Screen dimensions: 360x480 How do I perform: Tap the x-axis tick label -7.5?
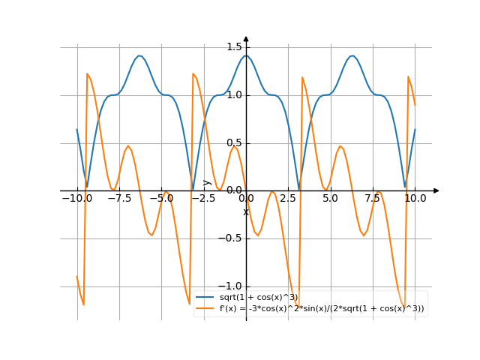coord(118,199)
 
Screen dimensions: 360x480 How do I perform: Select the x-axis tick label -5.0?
coord(160,199)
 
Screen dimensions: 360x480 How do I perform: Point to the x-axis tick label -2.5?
coord(202,199)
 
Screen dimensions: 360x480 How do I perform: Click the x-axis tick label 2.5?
coord(288,199)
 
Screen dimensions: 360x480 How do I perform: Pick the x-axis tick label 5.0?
coord(330,199)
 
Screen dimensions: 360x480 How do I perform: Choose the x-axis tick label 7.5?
coord(373,199)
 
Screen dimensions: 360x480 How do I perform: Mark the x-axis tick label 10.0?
coord(415,199)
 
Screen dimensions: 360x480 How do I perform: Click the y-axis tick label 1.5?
coord(232,47)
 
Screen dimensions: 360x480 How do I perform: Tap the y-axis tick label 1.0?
coord(232,95)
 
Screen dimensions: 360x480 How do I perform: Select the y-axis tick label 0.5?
coord(232,143)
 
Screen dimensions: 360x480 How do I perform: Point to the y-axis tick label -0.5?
coord(231,239)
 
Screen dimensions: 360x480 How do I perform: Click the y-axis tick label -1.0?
coord(231,286)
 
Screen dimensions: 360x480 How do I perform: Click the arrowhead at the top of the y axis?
coord(246,38)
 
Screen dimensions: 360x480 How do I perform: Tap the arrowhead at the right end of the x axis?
coord(436,191)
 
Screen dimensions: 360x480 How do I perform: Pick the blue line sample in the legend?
coord(205,298)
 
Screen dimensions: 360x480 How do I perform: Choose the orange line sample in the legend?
coord(205,308)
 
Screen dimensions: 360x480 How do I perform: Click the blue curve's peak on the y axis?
coord(246,55)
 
